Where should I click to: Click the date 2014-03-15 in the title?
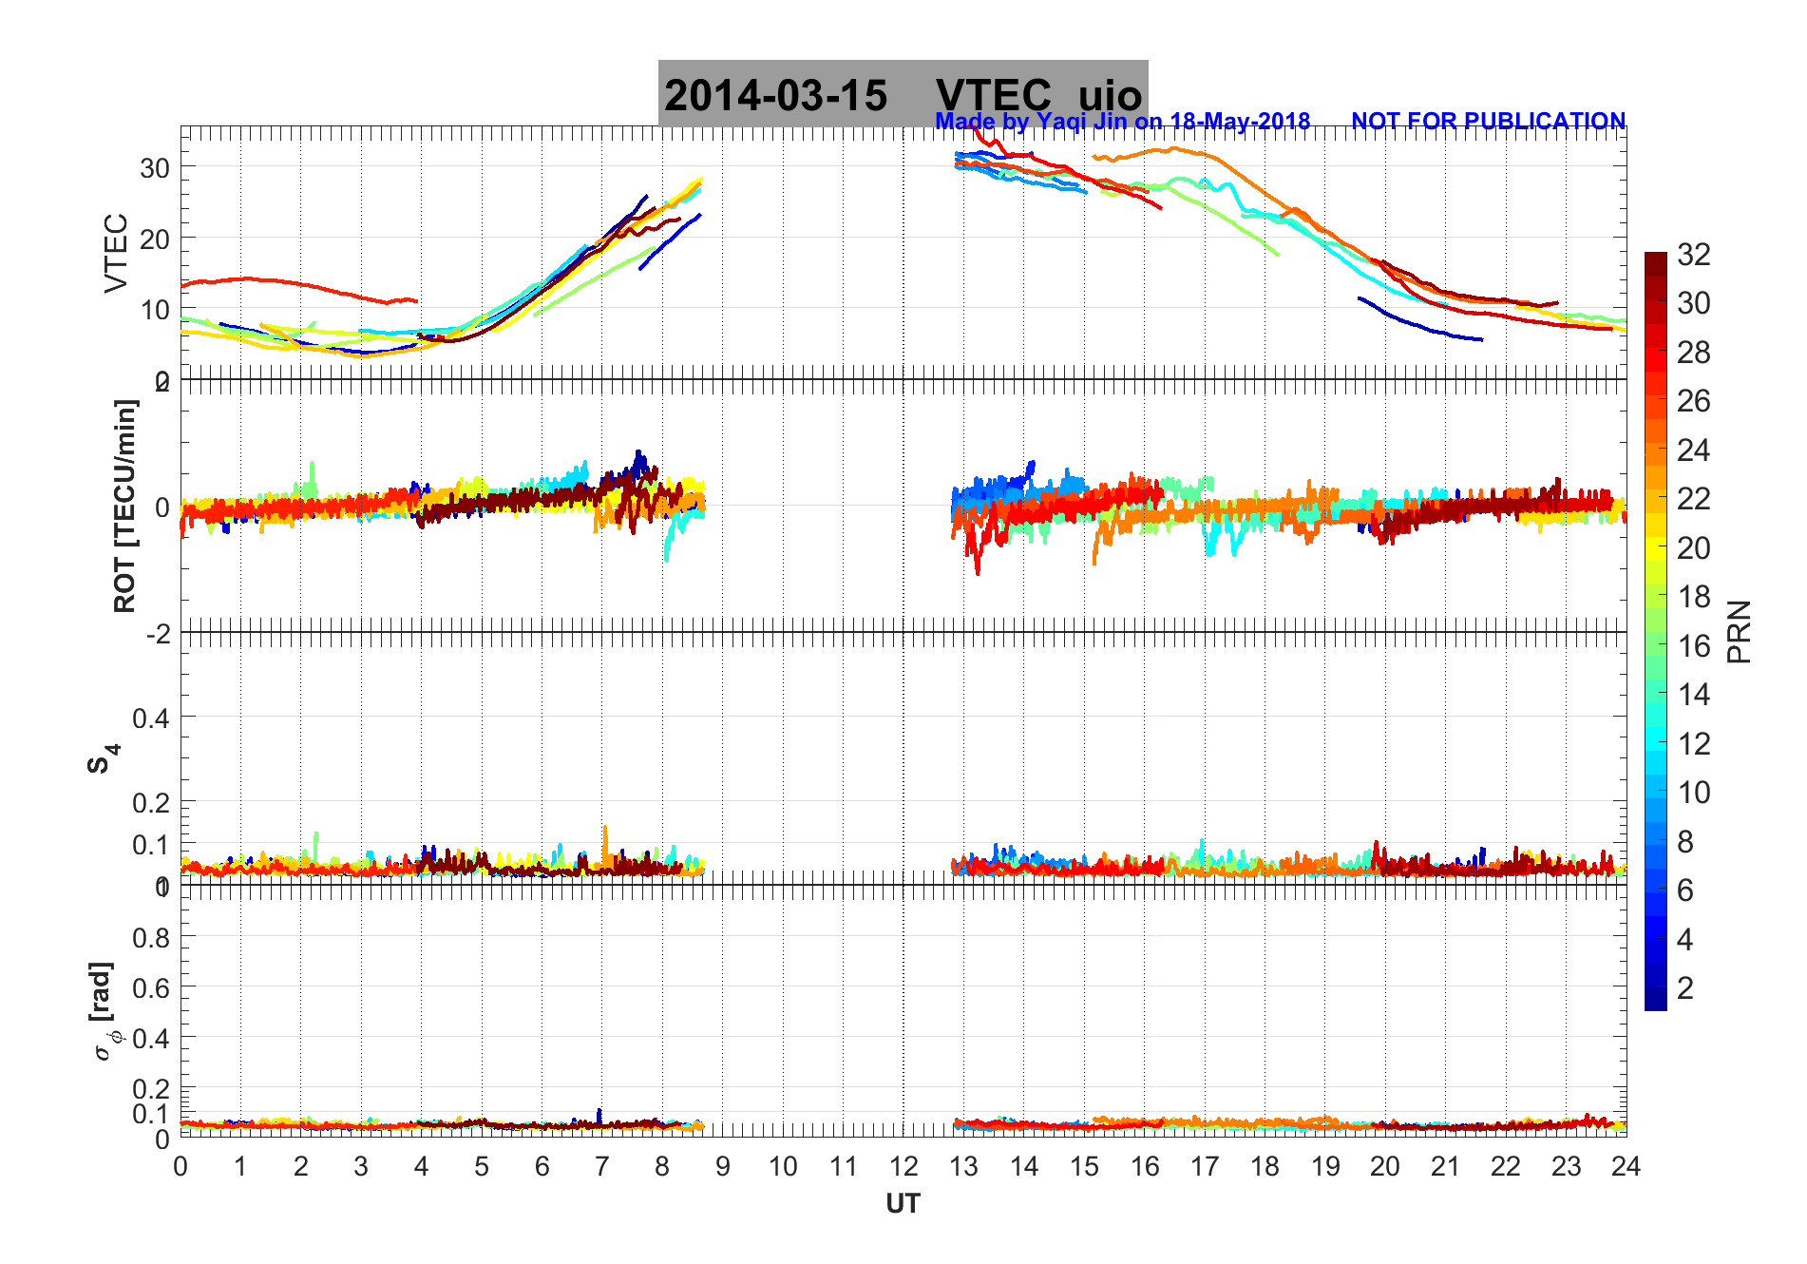[x=775, y=95]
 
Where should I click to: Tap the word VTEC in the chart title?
[x=993, y=95]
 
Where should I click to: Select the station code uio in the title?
[x=1110, y=95]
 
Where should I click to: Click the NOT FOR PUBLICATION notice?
[x=1488, y=121]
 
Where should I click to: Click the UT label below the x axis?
[x=903, y=1204]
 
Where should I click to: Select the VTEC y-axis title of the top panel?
[x=116, y=253]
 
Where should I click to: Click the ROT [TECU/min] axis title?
[x=124, y=506]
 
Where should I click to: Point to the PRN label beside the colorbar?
[x=1739, y=631]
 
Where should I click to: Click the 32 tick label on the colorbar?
[x=1693, y=254]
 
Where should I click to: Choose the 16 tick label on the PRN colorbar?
[x=1693, y=645]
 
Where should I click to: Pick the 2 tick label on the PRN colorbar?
[x=1684, y=987]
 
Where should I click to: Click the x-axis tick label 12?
[x=903, y=1166]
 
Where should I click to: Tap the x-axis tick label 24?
[x=1626, y=1166]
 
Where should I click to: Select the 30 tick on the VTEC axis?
[x=155, y=168]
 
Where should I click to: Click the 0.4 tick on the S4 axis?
[x=151, y=718]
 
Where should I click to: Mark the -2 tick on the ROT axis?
[x=158, y=633]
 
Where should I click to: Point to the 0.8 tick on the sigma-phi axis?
[x=151, y=938]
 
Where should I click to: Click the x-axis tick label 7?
[x=601, y=1166]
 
